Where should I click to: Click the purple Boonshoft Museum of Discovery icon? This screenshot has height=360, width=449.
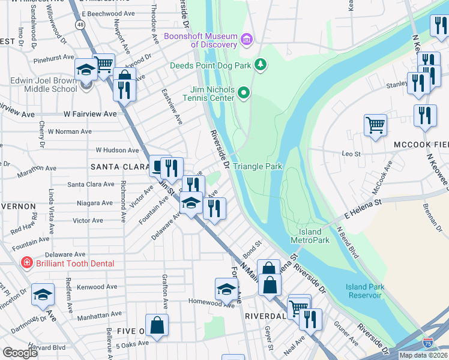coord(246,40)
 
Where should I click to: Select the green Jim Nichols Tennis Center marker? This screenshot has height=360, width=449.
coord(243,92)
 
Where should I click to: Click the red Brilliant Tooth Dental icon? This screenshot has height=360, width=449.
coord(26,263)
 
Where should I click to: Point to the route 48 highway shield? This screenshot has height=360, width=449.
coord(80,24)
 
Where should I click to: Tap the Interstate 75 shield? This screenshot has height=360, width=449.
coord(427,343)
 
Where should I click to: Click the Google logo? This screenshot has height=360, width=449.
coord(20,353)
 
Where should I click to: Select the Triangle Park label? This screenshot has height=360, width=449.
coord(257,166)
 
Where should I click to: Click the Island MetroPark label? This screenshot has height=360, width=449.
coord(310,236)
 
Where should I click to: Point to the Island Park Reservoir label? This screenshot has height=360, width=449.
coord(364,291)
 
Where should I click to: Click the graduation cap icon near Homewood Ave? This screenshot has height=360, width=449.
coord(226,289)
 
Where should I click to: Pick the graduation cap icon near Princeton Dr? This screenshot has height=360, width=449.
coord(43,294)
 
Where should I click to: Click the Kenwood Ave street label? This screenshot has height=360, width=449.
coord(95,287)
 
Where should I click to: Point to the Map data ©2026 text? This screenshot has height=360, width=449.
coord(423,355)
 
